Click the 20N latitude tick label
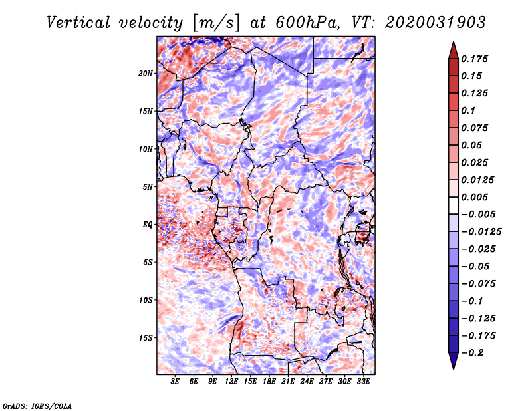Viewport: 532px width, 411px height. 146,74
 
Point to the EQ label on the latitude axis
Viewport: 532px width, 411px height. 147,225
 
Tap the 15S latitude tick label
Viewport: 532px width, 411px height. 146,338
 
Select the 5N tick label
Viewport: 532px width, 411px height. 148,187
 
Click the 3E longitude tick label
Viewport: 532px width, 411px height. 175,382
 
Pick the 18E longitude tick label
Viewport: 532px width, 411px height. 269,382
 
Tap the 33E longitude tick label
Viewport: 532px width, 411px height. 363,382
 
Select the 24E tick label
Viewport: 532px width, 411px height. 307,382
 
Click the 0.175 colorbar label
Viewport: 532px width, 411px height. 474,59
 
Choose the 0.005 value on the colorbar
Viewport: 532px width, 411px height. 474,197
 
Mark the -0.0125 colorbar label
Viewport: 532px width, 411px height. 481,232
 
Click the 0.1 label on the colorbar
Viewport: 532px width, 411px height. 468,110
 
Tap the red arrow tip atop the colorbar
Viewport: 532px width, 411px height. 454,42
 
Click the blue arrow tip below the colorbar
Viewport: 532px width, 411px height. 454,369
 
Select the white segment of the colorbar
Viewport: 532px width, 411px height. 454,205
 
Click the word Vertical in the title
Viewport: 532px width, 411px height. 78,23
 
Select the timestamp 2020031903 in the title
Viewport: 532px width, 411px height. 436,23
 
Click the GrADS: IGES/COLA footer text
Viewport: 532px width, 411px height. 37,406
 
